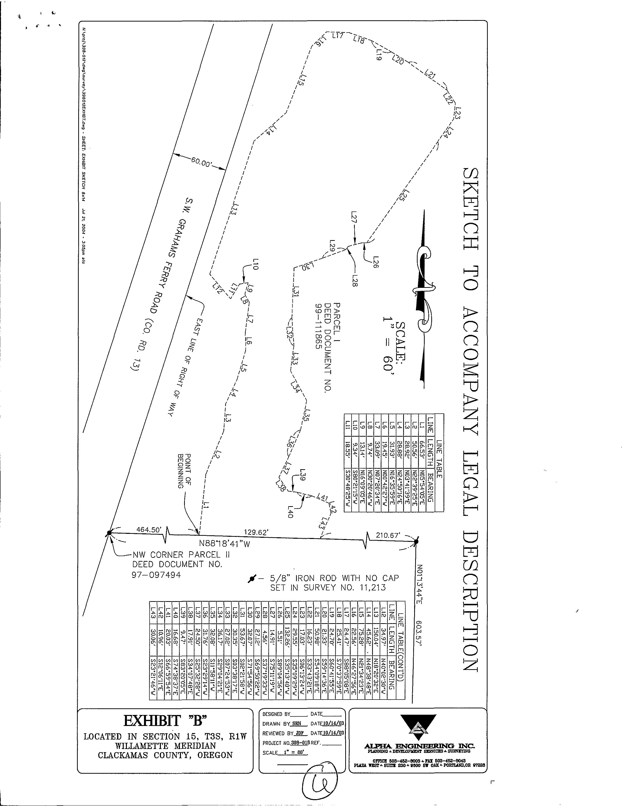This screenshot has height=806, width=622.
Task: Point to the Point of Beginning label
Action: (184, 470)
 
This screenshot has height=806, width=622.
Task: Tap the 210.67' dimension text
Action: (388, 535)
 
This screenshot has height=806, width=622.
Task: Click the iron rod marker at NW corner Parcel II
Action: (109, 533)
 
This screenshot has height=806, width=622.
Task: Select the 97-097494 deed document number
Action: (156, 575)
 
